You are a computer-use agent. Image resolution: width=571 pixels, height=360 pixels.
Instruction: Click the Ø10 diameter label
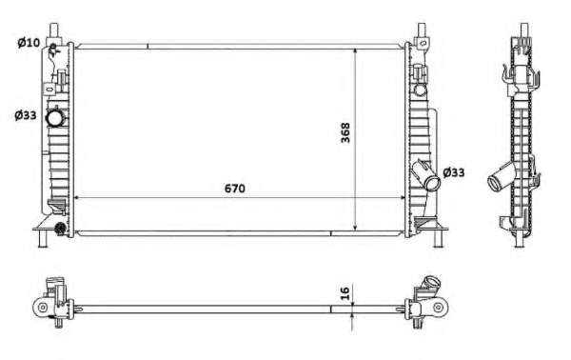29,43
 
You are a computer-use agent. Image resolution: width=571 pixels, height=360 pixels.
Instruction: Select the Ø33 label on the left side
26,115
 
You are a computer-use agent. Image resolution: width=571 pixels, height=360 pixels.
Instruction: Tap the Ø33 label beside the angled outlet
454,172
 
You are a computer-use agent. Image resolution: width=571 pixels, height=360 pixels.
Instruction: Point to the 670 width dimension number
235,189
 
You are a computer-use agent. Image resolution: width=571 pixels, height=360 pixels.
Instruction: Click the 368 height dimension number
345,132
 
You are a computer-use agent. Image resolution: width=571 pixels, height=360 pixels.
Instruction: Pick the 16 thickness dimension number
345,293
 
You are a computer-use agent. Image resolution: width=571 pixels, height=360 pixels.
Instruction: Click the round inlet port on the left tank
55,117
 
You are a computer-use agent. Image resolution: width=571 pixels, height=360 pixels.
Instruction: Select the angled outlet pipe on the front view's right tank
426,175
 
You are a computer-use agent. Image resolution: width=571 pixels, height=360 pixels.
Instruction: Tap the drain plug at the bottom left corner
59,230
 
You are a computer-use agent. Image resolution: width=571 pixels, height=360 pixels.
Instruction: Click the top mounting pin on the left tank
54,30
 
